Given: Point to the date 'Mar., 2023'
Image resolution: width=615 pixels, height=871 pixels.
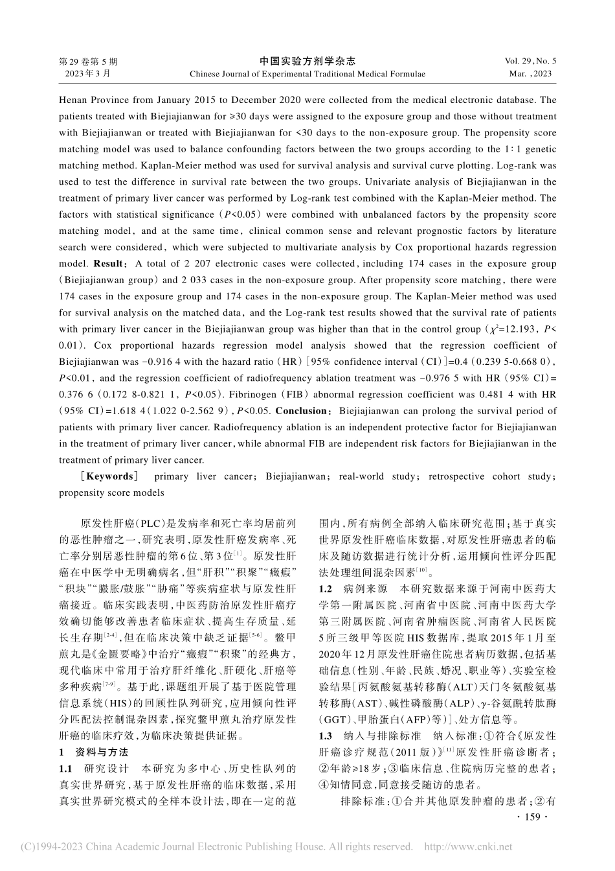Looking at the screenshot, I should pos(530,74).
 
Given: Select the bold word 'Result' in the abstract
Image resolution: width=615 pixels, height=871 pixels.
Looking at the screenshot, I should pos(108,264).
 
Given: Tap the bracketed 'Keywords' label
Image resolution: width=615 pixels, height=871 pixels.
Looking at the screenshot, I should pos(109,476).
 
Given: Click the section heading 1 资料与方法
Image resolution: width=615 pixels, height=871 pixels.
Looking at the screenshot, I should pos(94,752).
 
